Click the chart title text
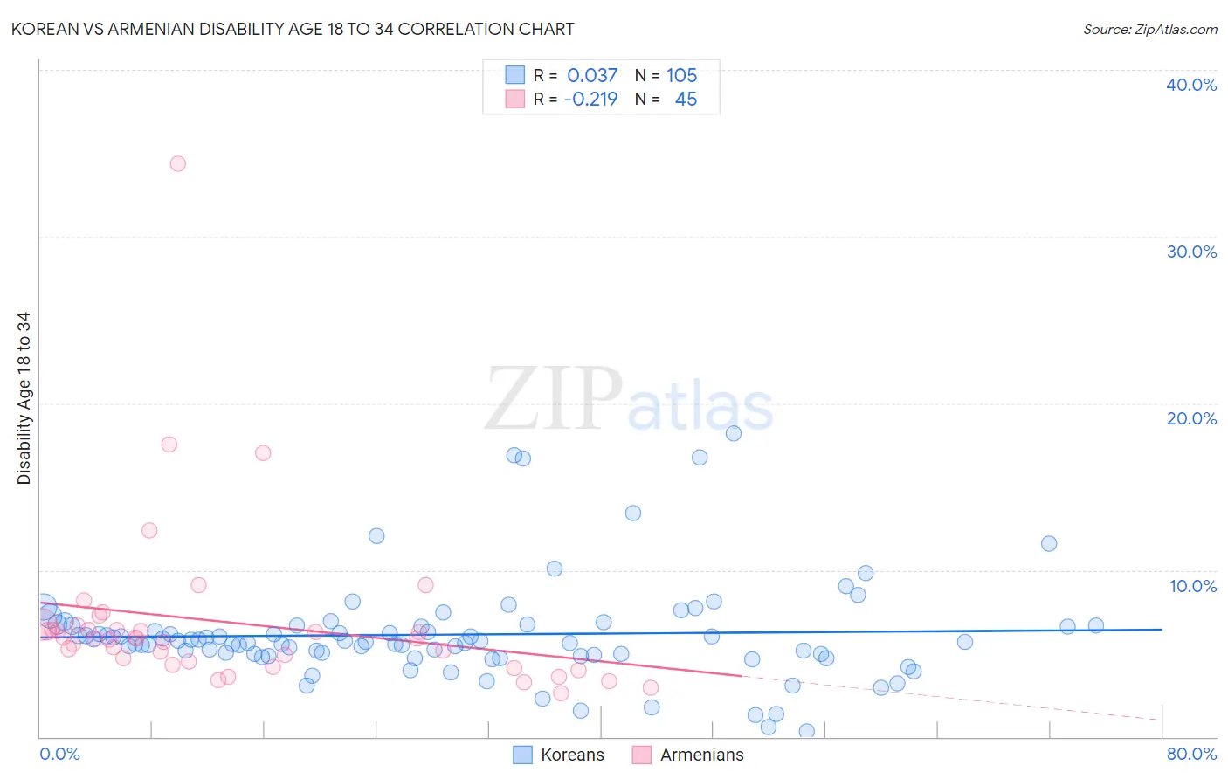293,29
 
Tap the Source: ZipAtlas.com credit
1149,29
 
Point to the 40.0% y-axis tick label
1191,85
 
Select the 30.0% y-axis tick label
1191,252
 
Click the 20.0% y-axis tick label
1191,418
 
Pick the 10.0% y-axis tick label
1193,586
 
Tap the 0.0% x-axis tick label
59,754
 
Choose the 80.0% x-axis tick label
1191,754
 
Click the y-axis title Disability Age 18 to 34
24,398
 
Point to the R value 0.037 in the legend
592,76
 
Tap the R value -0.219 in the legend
590,100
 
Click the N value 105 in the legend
681,76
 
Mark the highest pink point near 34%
178,163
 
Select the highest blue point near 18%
734,433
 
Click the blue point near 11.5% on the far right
1049,543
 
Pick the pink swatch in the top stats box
515,99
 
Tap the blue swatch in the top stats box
515,75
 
